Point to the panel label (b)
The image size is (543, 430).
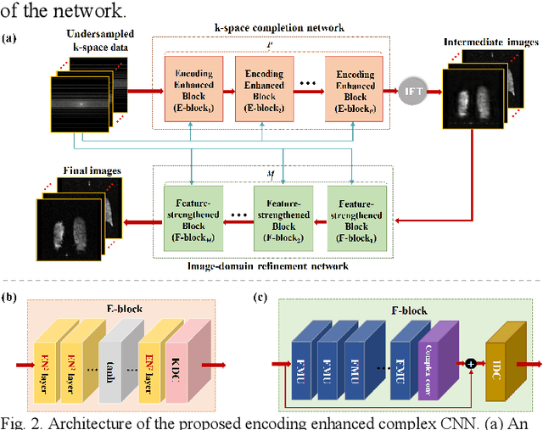9,297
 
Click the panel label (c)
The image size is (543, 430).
261,297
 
